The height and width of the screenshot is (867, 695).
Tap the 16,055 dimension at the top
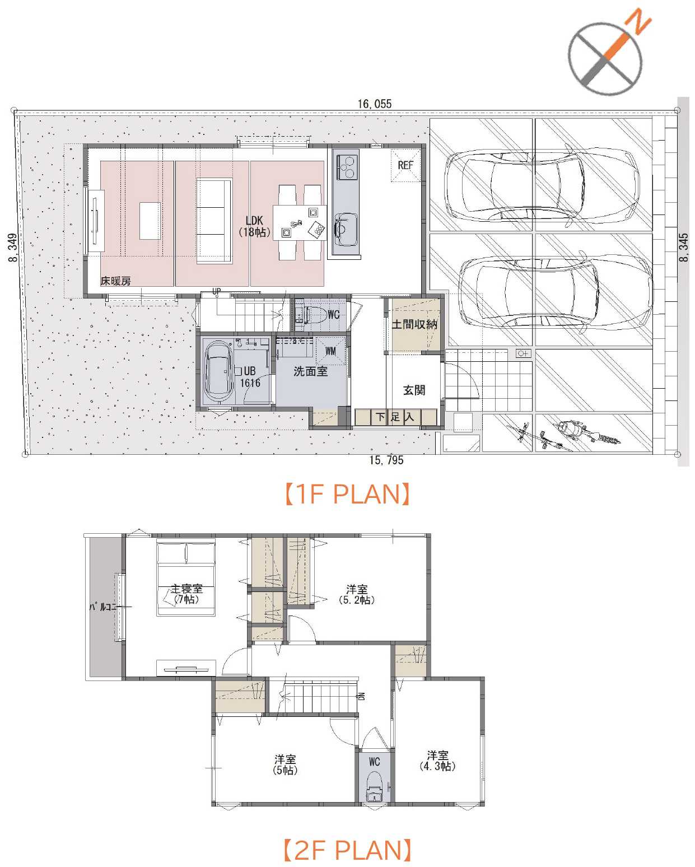(x=374, y=104)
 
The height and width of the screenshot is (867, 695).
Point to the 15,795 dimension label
(x=386, y=460)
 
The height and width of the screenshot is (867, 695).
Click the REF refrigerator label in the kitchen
(x=405, y=165)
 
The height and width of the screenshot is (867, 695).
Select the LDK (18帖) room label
(x=254, y=226)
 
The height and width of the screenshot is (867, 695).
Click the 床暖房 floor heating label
(x=115, y=281)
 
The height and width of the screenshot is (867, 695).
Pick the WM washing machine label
(x=330, y=351)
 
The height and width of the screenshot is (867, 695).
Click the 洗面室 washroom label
(x=310, y=371)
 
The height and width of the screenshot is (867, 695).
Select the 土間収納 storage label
(x=414, y=324)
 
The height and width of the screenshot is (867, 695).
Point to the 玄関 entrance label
(x=414, y=390)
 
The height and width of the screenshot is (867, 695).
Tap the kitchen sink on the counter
(x=346, y=230)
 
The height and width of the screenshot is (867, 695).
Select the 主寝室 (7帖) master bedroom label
(x=186, y=594)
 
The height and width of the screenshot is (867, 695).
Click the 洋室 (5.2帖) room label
(x=357, y=595)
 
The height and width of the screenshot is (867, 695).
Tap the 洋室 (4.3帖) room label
(x=437, y=761)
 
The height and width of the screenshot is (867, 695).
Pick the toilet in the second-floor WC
(x=374, y=786)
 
